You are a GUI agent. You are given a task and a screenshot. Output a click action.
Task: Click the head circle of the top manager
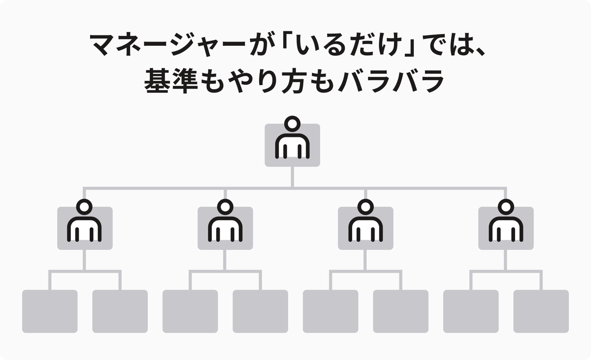(293, 124)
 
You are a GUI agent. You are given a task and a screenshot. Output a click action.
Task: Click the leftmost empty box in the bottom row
(50, 311)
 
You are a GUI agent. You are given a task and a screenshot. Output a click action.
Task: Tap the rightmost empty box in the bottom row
(541, 311)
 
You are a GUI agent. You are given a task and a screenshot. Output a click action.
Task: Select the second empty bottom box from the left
(120, 311)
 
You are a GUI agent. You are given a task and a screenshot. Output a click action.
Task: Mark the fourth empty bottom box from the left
(261, 311)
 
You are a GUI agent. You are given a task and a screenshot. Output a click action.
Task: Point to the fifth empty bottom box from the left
(330, 311)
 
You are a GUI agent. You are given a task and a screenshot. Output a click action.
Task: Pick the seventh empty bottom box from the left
(471, 311)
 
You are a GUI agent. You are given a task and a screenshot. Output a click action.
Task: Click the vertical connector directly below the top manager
(293, 177)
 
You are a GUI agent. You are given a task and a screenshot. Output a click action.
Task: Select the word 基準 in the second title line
(171, 80)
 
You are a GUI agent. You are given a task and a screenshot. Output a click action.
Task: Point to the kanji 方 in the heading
(295, 80)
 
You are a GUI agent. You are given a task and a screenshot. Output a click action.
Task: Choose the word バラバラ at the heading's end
(391, 80)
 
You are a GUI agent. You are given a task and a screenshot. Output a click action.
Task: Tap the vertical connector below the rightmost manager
(505, 260)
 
